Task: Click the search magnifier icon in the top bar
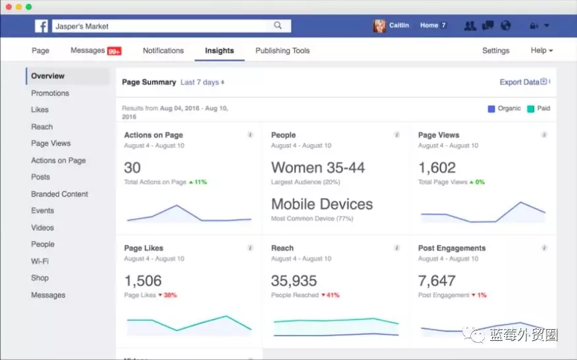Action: pyautogui.click(x=278, y=26)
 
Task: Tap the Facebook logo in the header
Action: pyautogui.click(x=41, y=26)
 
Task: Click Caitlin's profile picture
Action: pyautogui.click(x=379, y=26)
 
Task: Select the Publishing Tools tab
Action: pyautogui.click(x=282, y=51)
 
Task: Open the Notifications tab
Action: pyautogui.click(x=163, y=51)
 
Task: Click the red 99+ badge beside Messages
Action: pyautogui.click(x=114, y=51)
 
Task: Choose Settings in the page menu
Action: pyautogui.click(x=495, y=51)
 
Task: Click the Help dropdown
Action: pyautogui.click(x=541, y=51)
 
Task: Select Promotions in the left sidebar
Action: pyautogui.click(x=50, y=93)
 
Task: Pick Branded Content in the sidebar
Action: pyautogui.click(x=59, y=194)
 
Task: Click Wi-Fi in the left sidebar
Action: pyautogui.click(x=40, y=261)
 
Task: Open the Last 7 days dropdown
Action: pyautogui.click(x=202, y=82)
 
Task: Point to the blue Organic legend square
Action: pyautogui.click(x=491, y=109)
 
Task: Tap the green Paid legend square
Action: pyautogui.click(x=530, y=109)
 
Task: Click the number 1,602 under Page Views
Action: pyautogui.click(x=437, y=168)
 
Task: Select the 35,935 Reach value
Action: pyautogui.click(x=294, y=281)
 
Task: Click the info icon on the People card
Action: pyautogui.click(x=397, y=135)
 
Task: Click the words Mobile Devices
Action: pyautogui.click(x=321, y=204)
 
